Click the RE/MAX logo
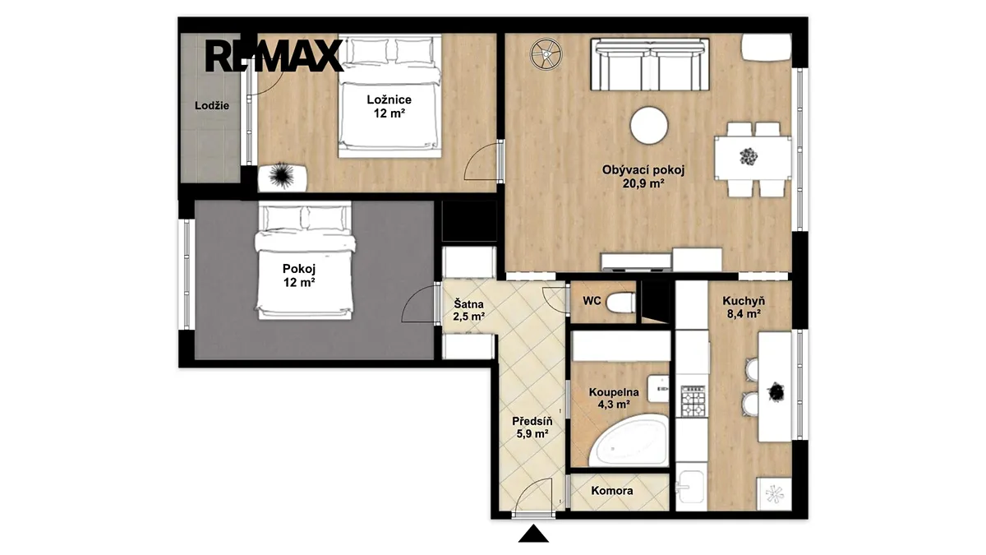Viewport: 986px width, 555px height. click(x=274, y=56)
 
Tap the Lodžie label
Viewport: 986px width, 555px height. click(x=212, y=106)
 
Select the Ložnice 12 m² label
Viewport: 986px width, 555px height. click(x=389, y=107)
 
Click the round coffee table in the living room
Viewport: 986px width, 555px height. click(x=649, y=126)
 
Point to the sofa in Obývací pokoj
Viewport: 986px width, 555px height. click(x=650, y=65)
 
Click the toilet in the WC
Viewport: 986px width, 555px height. click(x=621, y=303)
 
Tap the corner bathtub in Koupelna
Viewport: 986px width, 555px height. click(x=629, y=441)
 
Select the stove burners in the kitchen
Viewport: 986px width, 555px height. click(x=693, y=401)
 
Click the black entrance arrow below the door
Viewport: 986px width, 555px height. click(x=533, y=534)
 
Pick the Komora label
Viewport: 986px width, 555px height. click(x=612, y=491)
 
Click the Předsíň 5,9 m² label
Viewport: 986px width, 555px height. click(x=532, y=428)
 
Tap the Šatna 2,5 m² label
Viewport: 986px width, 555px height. click(x=469, y=310)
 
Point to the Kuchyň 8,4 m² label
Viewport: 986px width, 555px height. click(x=744, y=308)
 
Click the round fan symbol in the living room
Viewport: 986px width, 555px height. click(x=546, y=53)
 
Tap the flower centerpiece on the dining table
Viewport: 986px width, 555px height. click(x=749, y=157)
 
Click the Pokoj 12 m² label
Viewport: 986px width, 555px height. click(x=299, y=275)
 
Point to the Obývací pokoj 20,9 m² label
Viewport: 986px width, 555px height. click(x=643, y=177)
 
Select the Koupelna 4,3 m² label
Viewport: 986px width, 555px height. click(x=614, y=398)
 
